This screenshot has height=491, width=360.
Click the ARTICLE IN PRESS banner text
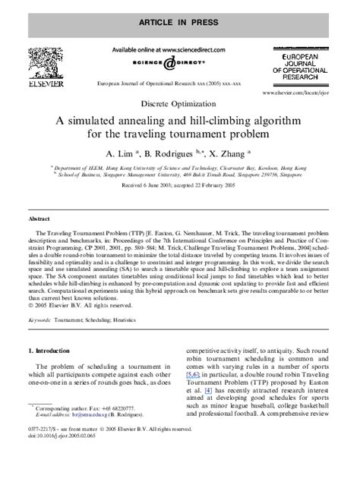tap(180, 14)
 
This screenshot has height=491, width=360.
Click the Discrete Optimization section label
tap(179, 102)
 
